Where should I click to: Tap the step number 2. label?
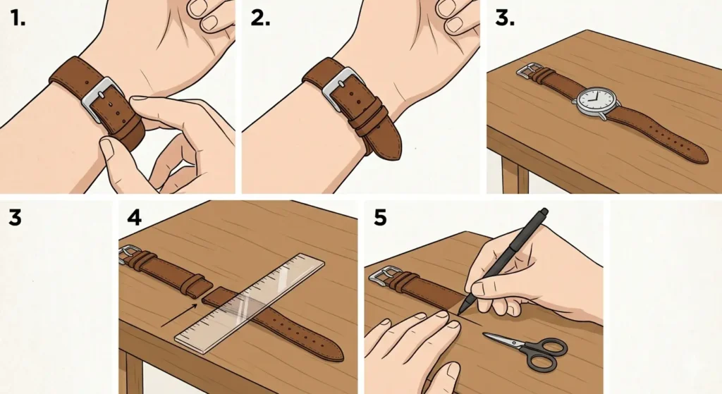pos(261,19)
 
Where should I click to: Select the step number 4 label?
pos(134,218)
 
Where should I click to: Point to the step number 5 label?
pos(380,218)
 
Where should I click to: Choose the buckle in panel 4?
pos(129,253)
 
